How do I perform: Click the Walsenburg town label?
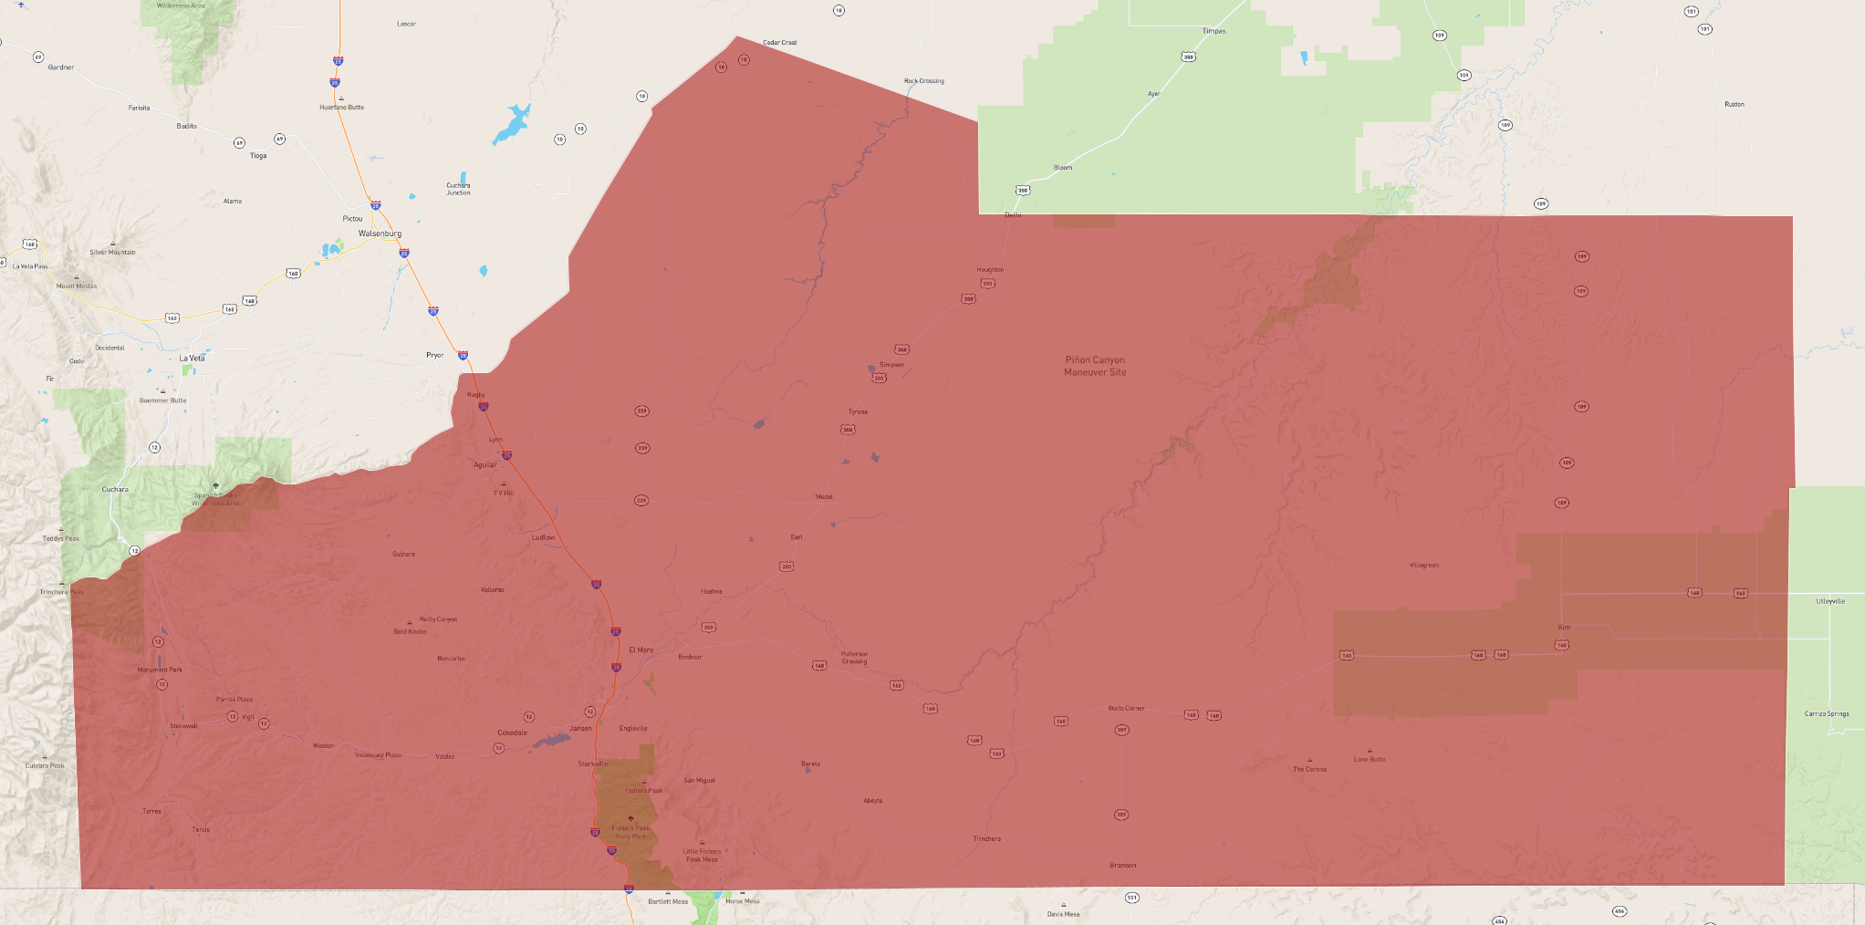click(x=380, y=234)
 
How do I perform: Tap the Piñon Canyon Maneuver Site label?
click(x=1095, y=366)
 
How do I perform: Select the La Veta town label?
click(x=192, y=359)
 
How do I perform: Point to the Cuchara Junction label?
click(x=458, y=189)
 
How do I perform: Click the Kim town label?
click(x=1564, y=627)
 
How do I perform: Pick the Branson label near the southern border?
click(x=1123, y=865)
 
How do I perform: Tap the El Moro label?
click(x=641, y=650)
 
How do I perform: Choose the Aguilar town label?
click(x=485, y=465)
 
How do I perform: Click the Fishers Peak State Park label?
click(x=630, y=832)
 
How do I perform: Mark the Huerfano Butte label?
click(x=341, y=108)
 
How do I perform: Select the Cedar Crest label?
click(x=780, y=43)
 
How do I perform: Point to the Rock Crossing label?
click(x=924, y=81)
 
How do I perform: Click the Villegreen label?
click(x=1423, y=566)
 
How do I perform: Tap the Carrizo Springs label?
click(x=1827, y=714)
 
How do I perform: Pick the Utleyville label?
click(x=1830, y=601)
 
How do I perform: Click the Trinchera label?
click(x=986, y=838)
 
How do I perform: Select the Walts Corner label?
click(x=1126, y=708)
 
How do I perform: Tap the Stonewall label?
click(x=183, y=726)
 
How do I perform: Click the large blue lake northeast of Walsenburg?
click(x=511, y=124)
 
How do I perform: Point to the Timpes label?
click(x=1214, y=31)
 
